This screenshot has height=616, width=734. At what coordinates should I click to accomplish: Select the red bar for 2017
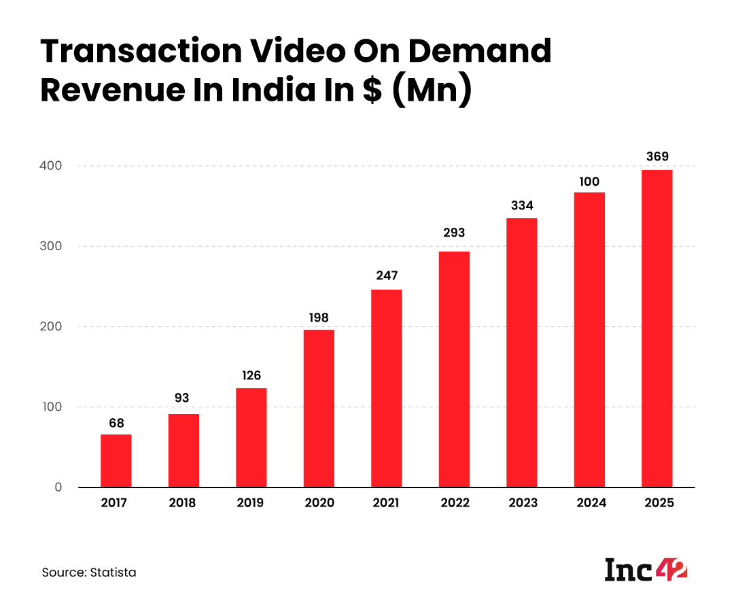tap(116, 460)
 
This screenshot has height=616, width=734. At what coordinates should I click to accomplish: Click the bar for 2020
tap(319, 408)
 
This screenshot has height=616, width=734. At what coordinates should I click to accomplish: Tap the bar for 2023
tap(521, 352)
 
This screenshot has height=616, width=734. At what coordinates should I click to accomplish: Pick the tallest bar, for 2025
tap(657, 328)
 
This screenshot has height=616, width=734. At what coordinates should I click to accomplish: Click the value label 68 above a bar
tap(116, 423)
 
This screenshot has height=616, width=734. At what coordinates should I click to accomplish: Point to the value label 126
tap(251, 376)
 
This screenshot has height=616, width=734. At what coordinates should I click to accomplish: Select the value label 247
tap(386, 276)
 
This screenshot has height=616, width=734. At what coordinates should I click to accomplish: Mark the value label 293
tap(454, 233)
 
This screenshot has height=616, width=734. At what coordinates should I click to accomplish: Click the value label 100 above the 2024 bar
tap(589, 182)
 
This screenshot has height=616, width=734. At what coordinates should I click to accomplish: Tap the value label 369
tap(657, 157)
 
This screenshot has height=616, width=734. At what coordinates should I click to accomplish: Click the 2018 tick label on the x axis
tap(183, 504)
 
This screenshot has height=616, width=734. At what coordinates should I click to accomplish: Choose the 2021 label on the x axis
tap(386, 504)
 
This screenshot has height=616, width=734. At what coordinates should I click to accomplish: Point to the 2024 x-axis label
tap(589, 504)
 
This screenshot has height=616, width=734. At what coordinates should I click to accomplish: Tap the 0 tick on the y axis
tap(58, 487)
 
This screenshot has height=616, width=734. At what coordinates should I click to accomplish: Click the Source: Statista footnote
tap(89, 572)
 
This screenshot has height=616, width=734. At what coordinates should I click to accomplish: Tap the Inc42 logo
tap(646, 570)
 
